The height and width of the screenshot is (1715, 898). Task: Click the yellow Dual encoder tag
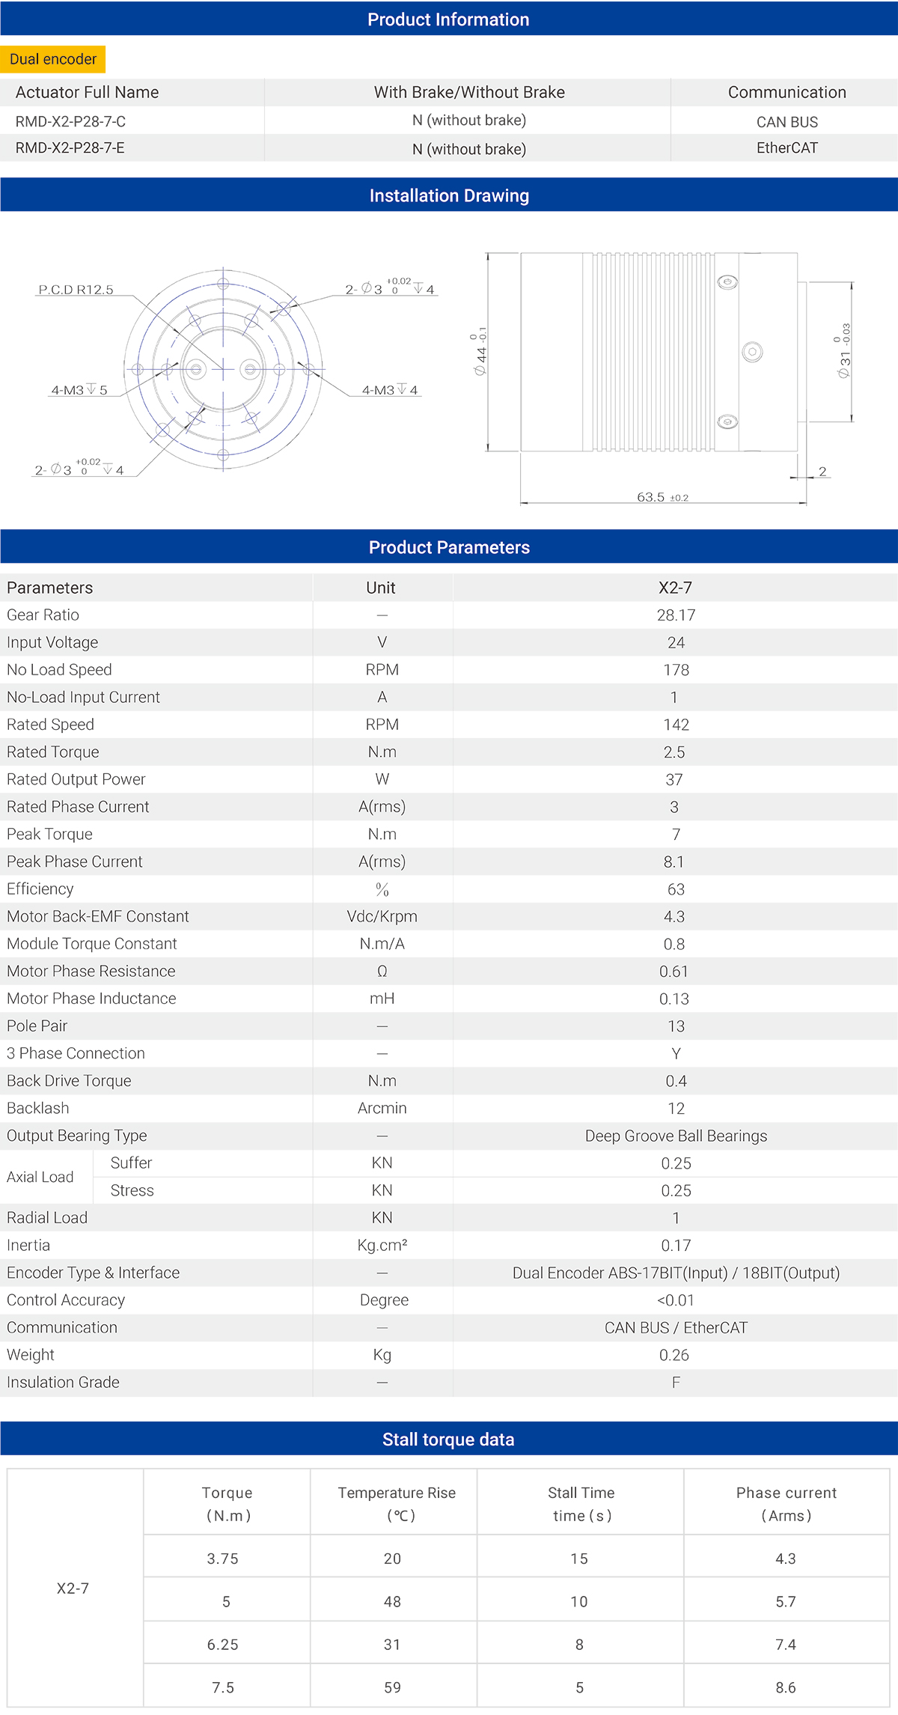[53, 59]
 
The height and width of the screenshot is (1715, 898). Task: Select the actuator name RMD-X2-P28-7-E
[70, 148]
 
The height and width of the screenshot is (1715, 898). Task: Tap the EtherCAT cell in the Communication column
[786, 148]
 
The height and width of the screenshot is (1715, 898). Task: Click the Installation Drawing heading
[449, 195]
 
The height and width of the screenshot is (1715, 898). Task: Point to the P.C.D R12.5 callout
[76, 290]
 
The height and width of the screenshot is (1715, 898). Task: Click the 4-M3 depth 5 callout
[79, 390]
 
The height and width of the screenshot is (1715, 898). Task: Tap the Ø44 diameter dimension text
[480, 352]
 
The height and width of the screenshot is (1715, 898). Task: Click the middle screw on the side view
[752, 352]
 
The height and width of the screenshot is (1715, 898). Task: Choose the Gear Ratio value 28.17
[676, 615]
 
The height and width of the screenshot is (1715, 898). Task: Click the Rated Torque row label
[53, 752]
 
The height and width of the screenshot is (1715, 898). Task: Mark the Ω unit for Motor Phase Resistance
[382, 972]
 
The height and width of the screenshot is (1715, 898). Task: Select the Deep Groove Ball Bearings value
[676, 1136]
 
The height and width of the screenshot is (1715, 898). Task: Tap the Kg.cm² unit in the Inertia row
[382, 1246]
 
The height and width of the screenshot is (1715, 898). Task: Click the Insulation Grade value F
[676, 1383]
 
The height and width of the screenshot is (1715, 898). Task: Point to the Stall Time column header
[581, 1504]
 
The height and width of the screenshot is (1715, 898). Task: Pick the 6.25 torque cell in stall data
[223, 1645]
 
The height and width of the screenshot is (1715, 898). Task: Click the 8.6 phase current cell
[786, 1687]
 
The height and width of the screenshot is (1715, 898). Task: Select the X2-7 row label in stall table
[73, 1588]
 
